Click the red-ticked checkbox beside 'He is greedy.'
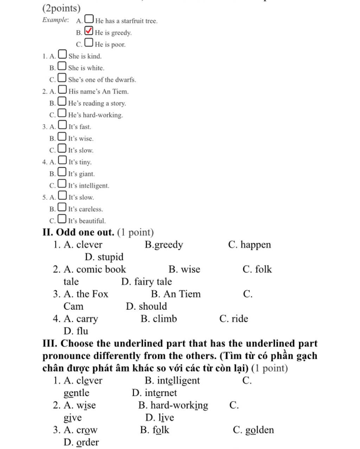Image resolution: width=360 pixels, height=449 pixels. click(x=89, y=31)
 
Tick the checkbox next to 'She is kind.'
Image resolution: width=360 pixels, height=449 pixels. click(x=62, y=54)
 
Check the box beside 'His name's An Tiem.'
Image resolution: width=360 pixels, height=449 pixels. click(x=62, y=90)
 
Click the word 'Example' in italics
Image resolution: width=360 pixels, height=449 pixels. click(x=55, y=20)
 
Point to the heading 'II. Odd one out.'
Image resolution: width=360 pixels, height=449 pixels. click(x=78, y=232)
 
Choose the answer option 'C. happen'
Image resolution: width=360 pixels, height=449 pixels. click(x=249, y=245)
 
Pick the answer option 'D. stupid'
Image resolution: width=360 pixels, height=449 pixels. click(x=104, y=257)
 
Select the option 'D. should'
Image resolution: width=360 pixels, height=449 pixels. click(x=146, y=306)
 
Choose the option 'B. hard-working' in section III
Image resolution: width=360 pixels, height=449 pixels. click(x=173, y=405)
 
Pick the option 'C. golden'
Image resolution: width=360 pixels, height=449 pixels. click(x=253, y=430)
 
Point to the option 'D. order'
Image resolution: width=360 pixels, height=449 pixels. click(x=81, y=442)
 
